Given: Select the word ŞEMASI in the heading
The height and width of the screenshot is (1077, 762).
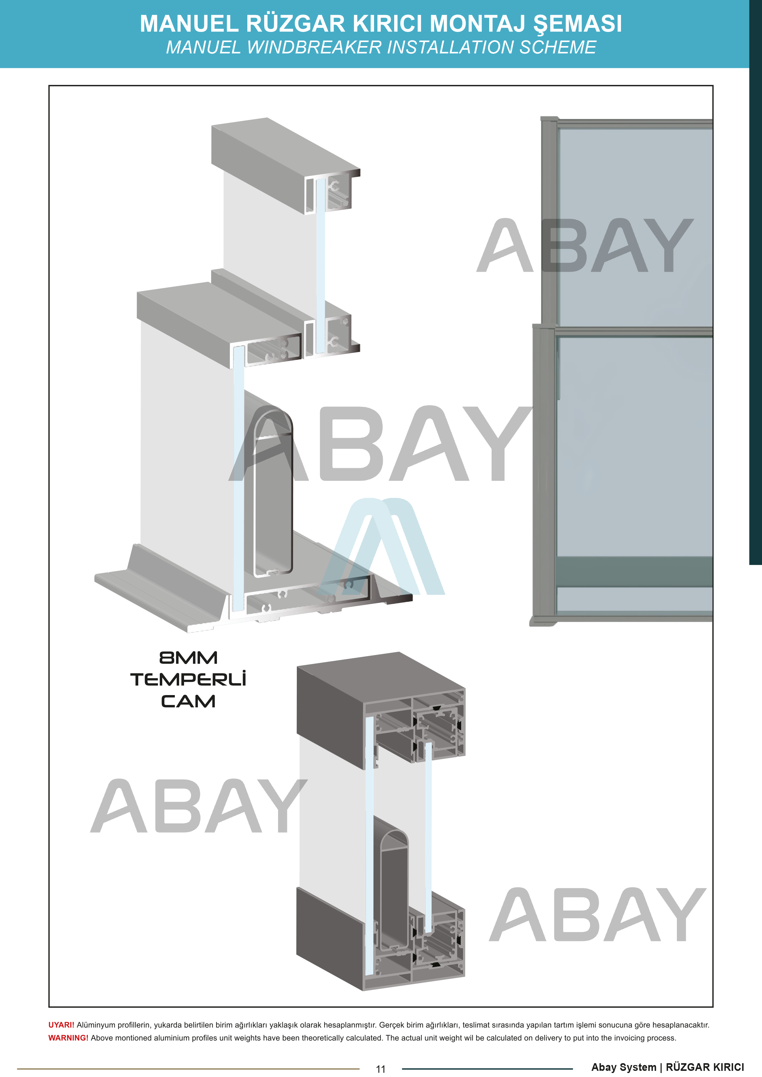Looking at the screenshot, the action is (577, 24).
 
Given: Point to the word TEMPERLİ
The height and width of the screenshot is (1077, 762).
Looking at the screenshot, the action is (188, 679).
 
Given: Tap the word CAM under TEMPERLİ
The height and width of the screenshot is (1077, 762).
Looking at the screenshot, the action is (188, 701).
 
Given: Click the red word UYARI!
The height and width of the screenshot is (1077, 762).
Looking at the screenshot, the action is (61, 1025).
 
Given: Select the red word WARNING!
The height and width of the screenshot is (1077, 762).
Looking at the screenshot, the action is (69, 1038).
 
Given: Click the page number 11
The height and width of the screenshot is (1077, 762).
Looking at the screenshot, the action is (381, 1069).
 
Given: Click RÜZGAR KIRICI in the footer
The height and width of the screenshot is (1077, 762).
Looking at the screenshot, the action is (705, 1067).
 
